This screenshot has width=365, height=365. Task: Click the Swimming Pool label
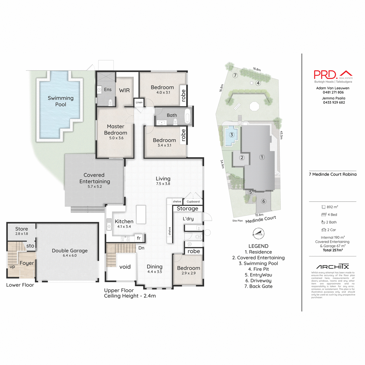point(61,101)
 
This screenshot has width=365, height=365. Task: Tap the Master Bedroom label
point(116,130)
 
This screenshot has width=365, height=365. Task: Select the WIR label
point(124,90)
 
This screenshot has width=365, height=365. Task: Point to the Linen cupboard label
point(139,103)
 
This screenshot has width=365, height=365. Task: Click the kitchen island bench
point(141,214)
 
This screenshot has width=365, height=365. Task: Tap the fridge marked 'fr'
point(139,238)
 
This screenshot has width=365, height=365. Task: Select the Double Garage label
point(70,251)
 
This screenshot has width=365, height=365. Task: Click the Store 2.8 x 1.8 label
point(22,231)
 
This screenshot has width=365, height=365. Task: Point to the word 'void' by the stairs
point(125,267)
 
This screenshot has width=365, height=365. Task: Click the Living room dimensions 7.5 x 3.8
point(163,184)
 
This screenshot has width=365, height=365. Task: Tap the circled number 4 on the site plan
point(258,83)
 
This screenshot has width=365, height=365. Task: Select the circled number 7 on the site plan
point(235,75)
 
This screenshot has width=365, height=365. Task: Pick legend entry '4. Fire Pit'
point(258,269)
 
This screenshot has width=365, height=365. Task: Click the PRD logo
point(333,75)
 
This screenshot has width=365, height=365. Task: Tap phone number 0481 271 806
point(333,92)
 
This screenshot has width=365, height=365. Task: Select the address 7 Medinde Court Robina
point(332,174)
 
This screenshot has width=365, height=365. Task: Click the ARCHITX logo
point(332,266)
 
